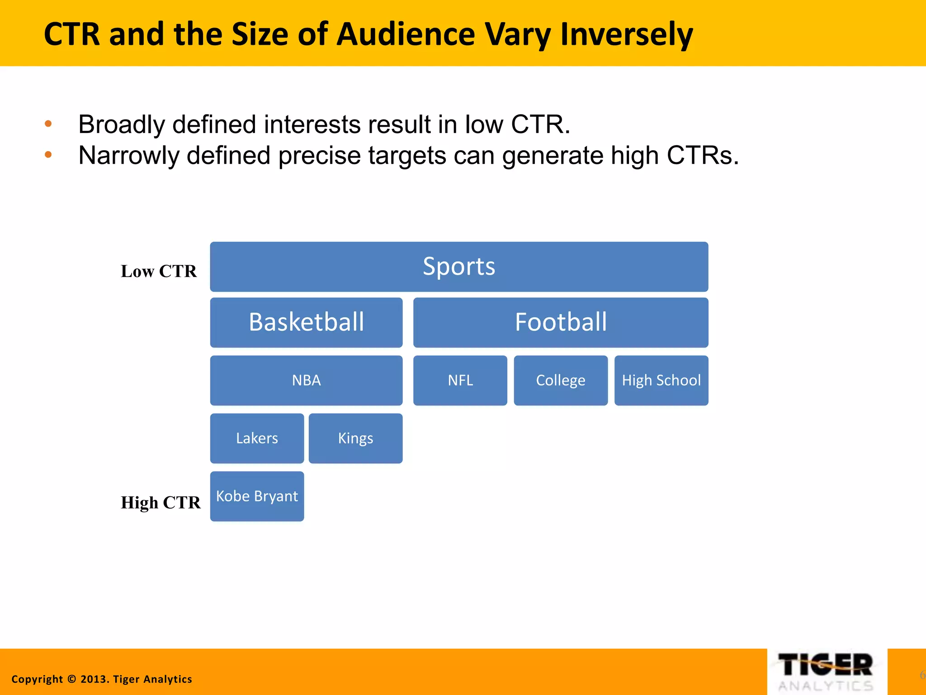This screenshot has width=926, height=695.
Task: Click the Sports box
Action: click(459, 267)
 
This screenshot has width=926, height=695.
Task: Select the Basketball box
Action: click(306, 322)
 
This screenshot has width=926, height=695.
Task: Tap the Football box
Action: click(561, 322)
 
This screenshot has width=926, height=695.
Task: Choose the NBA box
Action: click(306, 380)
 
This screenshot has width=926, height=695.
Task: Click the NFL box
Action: click(460, 380)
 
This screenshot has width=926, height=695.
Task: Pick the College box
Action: click(561, 380)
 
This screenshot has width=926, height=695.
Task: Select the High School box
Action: click(661, 380)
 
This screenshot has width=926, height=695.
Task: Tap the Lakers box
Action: click(257, 438)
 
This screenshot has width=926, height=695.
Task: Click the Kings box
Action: click(355, 438)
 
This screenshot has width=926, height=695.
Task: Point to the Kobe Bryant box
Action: click(257, 496)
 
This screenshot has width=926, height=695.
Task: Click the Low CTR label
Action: click(159, 271)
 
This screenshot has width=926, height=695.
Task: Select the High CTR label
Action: click(161, 502)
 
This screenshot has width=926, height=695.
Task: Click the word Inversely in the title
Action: click(626, 34)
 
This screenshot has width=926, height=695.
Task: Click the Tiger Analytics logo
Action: click(827, 672)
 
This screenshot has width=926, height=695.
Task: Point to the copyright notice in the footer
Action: click(102, 679)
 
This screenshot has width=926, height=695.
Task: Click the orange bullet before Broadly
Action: click(48, 124)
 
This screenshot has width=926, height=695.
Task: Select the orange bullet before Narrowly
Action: click(48, 155)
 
